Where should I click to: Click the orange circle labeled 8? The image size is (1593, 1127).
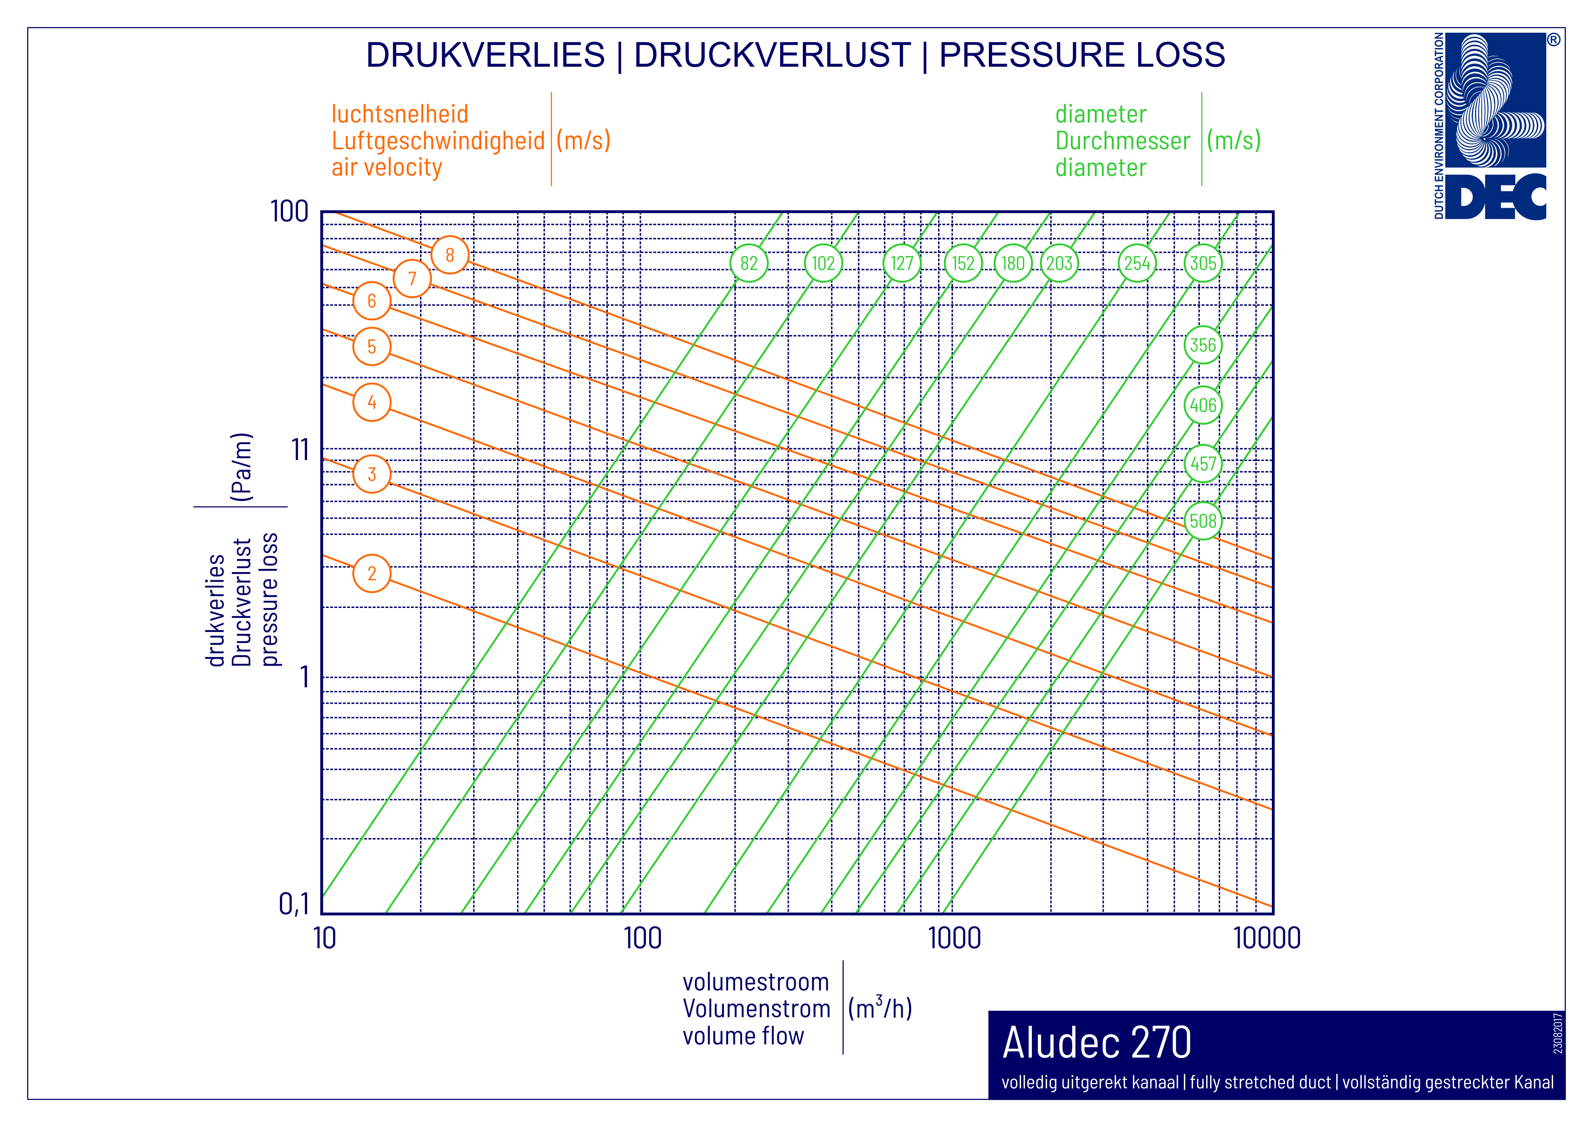(x=450, y=255)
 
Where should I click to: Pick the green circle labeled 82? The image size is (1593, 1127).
(x=748, y=263)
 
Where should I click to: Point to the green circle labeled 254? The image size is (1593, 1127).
(x=1137, y=263)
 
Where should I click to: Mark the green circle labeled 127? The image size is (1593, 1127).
(x=902, y=263)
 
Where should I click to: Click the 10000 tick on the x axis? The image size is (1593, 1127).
(x=1267, y=938)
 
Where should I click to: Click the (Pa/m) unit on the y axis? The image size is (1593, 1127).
(x=241, y=466)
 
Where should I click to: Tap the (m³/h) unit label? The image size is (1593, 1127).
(x=880, y=1008)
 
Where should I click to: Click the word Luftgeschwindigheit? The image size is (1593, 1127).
(x=438, y=141)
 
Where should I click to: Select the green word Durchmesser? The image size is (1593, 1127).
(x=1123, y=141)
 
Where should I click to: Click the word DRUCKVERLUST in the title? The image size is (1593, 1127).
(x=772, y=55)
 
